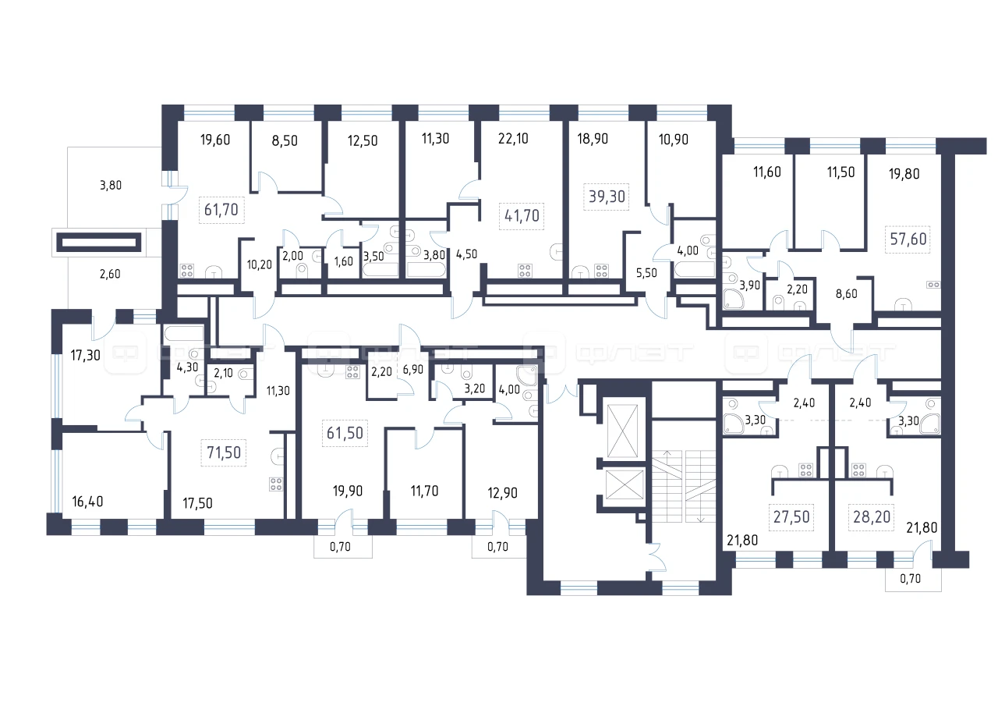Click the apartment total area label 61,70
[221, 210]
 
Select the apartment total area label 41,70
[522, 216]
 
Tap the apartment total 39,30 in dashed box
[607, 197]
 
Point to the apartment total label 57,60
[908, 239]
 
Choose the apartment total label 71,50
[224, 452]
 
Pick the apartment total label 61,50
[345, 433]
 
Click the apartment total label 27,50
[791, 517]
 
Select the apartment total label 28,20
[872, 517]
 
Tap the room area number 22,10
[513, 139]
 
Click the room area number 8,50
[285, 141]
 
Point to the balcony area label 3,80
[111, 186]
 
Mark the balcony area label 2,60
[110, 274]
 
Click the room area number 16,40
[88, 502]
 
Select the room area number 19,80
[904, 174]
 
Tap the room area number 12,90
[503, 493]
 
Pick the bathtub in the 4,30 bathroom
[184, 333]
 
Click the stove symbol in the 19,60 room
[186, 271]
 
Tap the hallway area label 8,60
[847, 294]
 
